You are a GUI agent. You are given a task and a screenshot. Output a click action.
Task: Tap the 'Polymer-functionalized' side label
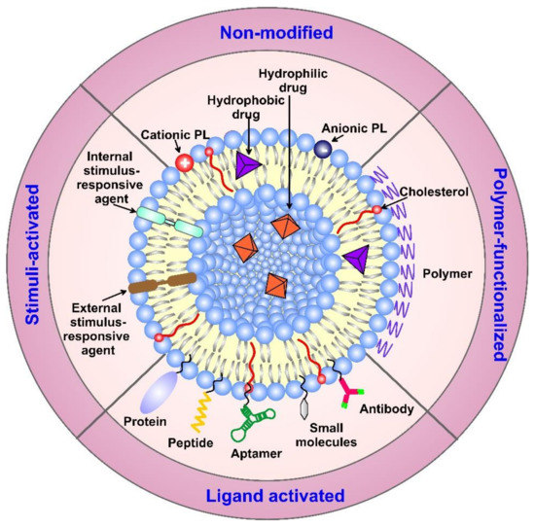click(x=504, y=263)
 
